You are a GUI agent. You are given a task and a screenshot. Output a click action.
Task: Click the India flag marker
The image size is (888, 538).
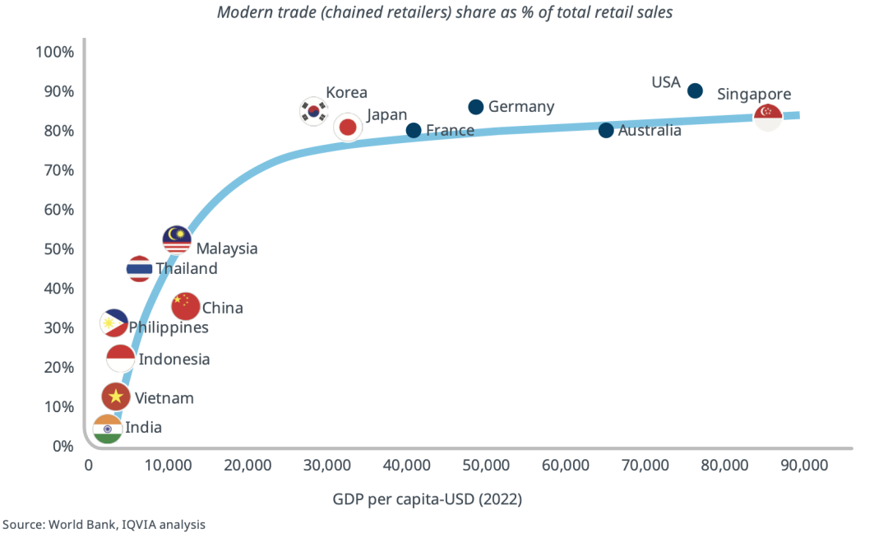[x=108, y=429]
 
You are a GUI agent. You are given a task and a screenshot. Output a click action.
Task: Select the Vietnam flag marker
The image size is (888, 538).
[x=116, y=397]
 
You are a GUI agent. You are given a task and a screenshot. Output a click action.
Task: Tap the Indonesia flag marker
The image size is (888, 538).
[x=121, y=359]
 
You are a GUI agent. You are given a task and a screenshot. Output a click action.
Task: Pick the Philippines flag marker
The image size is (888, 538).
[x=114, y=323]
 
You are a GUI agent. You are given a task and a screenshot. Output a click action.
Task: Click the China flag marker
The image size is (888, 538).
[x=186, y=306]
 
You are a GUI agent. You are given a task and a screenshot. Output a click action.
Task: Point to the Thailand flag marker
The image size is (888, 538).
[x=140, y=269]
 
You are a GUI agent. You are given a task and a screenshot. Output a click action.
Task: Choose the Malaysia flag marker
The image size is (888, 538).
[x=177, y=239]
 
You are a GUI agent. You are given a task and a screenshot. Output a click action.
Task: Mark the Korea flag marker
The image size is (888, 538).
[x=313, y=110]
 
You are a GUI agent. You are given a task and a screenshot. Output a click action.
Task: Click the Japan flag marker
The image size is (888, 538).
[x=348, y=128]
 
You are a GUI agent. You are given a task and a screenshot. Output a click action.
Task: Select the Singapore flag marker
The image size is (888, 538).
[x=768, y=118]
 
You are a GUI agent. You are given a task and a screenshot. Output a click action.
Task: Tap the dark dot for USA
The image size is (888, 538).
[x=695, y=90]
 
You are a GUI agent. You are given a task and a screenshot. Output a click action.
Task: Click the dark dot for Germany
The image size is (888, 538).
[x=476, y=107]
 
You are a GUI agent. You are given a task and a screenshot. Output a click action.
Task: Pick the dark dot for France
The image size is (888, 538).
[x=414, y=130]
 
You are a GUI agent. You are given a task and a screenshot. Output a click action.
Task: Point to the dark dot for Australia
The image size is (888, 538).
[x=606, y=130]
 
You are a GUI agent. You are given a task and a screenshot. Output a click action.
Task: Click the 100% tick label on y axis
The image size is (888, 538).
[x=55, y=52]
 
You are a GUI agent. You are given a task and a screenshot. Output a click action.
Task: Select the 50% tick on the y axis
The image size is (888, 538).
[x=59, y=249]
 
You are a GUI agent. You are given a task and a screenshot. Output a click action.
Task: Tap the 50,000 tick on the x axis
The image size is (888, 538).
[x=485, y=465]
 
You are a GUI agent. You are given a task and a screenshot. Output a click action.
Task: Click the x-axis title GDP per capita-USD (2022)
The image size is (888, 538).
[x=427, y=499]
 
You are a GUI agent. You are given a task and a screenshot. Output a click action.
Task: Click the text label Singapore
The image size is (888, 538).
[x=754, y=95]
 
